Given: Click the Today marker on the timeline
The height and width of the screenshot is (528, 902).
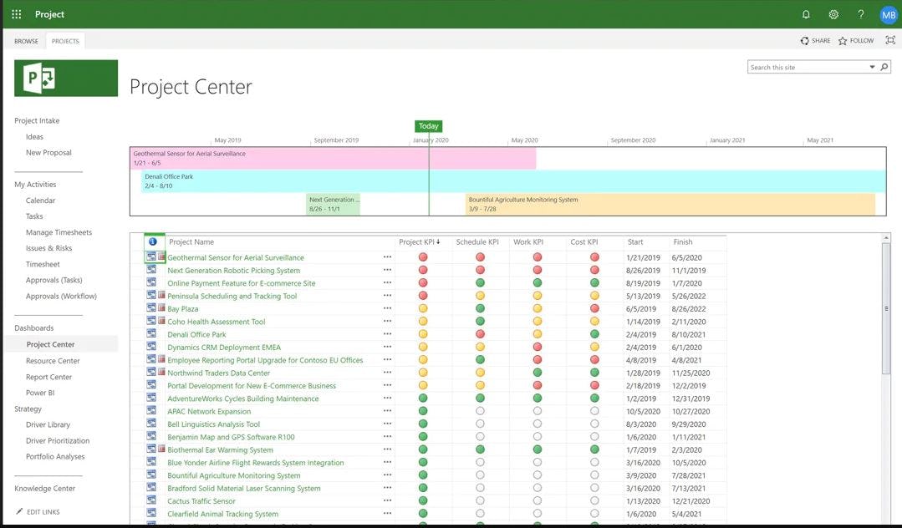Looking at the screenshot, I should click(429, 126).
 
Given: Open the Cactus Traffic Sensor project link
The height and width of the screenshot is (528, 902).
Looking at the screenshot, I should click(201, 501).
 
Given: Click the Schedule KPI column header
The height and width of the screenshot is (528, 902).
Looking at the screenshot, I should click(477, 242).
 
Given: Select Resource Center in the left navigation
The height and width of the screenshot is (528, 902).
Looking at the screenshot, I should click(53, 361).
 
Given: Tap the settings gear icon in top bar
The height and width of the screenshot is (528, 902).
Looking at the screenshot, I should click(833, 14).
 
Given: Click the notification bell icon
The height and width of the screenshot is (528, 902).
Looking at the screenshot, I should click(806, 14).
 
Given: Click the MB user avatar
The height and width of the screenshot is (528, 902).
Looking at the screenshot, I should click(888, 14).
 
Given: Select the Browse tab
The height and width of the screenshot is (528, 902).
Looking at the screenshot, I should click(26, 41).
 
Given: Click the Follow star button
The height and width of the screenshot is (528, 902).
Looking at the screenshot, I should click(856, 41).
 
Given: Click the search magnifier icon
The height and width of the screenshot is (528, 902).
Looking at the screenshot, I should click(884, 68).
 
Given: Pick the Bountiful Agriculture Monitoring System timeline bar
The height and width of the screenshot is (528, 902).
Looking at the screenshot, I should click(670, 205).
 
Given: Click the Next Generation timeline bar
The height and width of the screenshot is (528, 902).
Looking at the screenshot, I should click(334, 205).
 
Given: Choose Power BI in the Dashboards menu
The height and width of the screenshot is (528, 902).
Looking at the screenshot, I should click(40, 393).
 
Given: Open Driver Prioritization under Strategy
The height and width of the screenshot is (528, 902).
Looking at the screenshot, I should click(58, 440).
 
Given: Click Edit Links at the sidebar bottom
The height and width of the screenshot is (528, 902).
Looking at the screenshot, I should click(43, 512).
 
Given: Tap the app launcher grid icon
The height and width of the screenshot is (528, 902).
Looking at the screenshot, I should click(17, 14).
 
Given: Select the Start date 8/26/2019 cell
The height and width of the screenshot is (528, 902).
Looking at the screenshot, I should click(643, 271).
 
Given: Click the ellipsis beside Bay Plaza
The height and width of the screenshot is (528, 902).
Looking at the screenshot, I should click(387, 309).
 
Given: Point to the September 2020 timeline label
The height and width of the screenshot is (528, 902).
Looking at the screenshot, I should click(633, 140).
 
